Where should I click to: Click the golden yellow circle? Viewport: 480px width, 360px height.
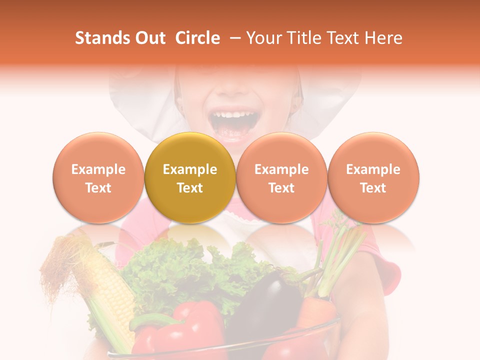click(x=189, y=178)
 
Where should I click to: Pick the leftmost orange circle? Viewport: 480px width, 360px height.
click(x=98, y=178)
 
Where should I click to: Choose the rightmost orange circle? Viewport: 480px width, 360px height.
click(x=373, y=178)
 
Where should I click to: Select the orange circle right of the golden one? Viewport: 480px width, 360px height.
click(x=281, y=178)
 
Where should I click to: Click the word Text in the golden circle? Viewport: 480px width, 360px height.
click(x=189, y=188)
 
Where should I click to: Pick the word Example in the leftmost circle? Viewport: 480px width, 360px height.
click(x=98, y=169)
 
